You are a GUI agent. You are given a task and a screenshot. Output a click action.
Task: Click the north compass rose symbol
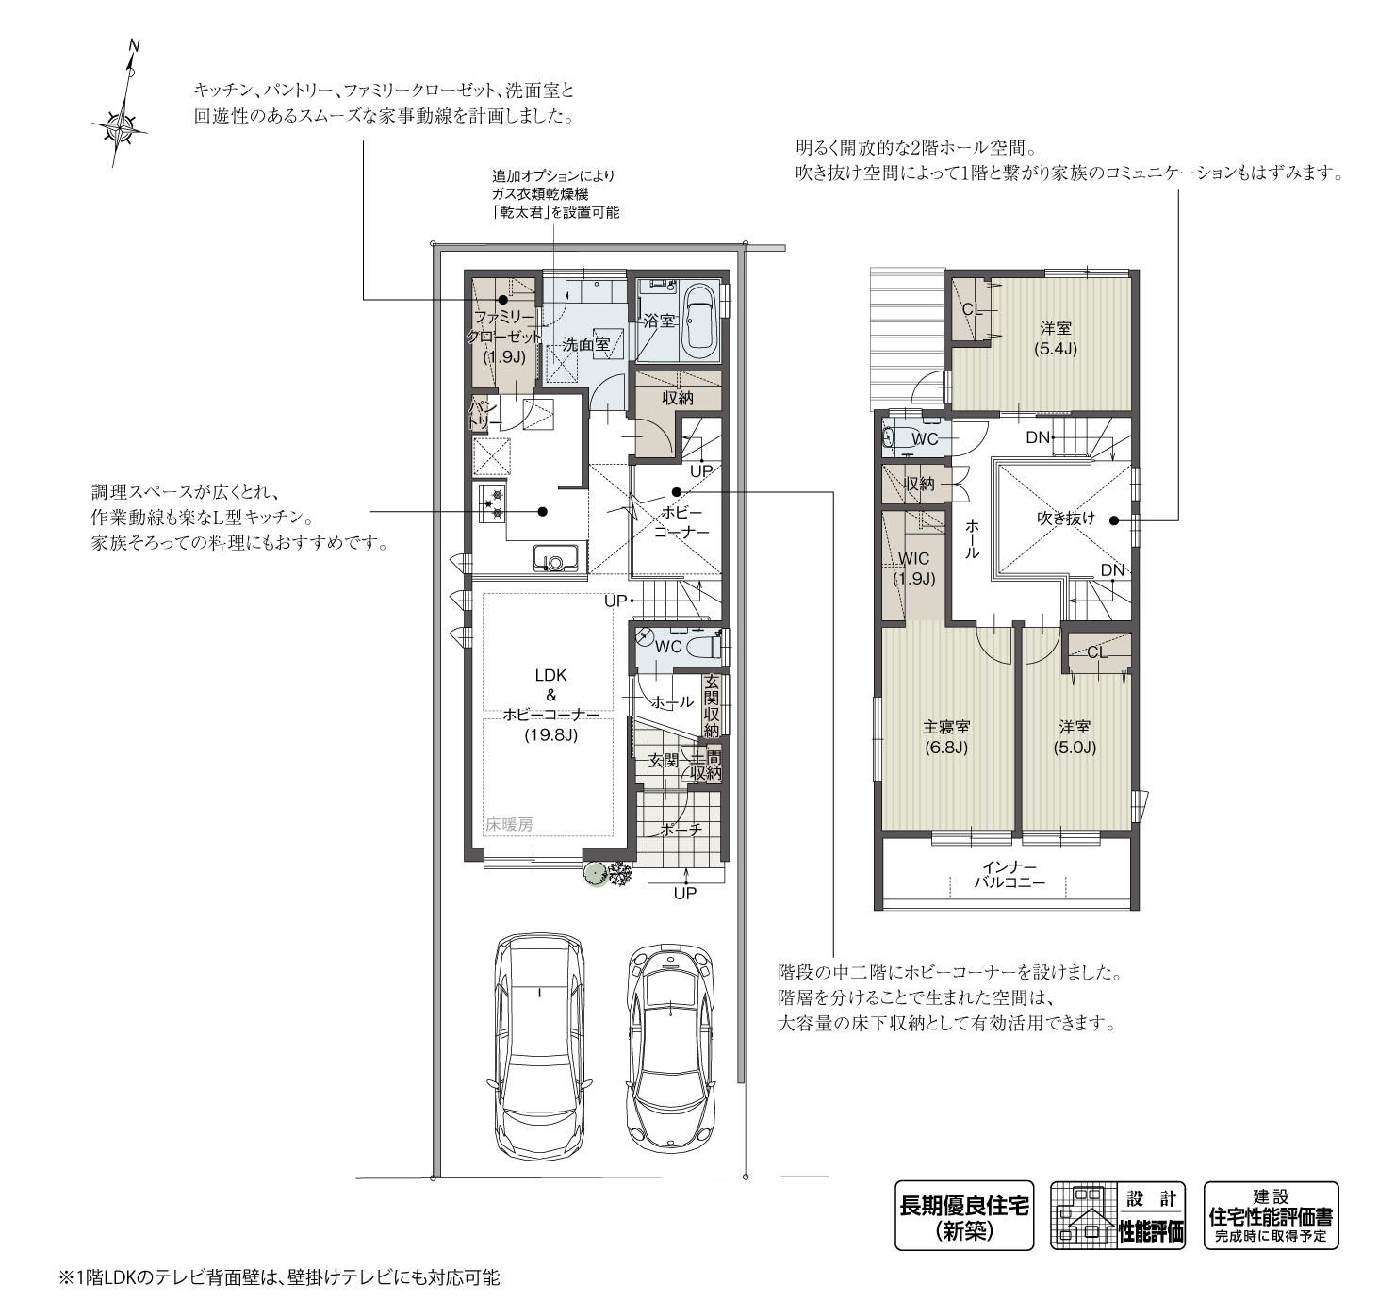tap(120, 123)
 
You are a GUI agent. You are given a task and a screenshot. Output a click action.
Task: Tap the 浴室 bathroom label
tap(659, 321)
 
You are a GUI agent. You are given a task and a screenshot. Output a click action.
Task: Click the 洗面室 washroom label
tap(585, 345)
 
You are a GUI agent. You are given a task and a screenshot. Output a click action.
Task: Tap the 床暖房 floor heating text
tap(509, 824)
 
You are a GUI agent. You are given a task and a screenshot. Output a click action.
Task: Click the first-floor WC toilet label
tap(668, 647)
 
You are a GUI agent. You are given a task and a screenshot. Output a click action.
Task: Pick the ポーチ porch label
tap(681, 830)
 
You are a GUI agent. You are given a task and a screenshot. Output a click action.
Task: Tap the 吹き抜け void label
tap(1066, 518)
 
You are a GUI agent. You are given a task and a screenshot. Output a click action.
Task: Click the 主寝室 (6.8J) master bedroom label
tap(946, 737)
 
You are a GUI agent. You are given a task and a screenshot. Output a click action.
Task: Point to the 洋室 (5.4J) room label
tap(1056, 338)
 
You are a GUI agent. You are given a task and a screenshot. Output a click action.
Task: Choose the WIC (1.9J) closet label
tap(913, 568)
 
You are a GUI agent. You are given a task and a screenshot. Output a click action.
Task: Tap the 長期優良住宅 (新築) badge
tap(963, 1216)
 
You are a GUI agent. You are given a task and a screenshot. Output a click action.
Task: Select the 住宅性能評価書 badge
tap(1271, 1216)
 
